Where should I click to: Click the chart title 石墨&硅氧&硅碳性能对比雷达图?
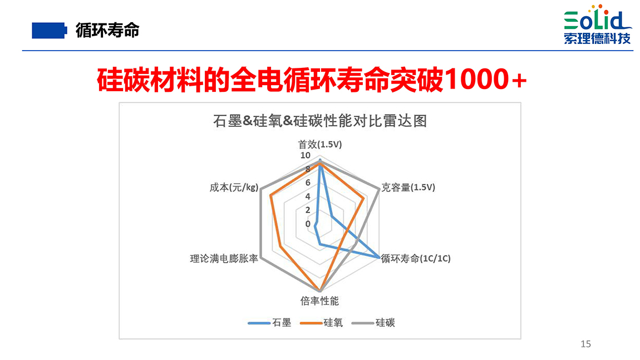(x=320, y=121)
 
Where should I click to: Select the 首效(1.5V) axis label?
(x=320, y=145)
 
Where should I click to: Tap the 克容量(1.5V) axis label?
(x=408, y=188)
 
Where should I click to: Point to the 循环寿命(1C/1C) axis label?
(x=416, y=258)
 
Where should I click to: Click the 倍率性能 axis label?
(x=319, y=301)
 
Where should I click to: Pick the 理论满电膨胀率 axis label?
(x=224, y=258)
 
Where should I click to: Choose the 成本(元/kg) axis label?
(x=234, y=188)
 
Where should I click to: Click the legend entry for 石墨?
(x=269, y=323)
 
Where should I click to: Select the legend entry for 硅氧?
(x=321, y=323)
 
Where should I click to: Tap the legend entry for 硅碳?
(x=373, y=323)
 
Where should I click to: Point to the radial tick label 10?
(x=306, y=155)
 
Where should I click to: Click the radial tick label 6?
(x=308, y=183)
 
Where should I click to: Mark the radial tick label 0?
(x=308, y=224)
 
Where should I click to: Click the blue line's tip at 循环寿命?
(x=379, y=257)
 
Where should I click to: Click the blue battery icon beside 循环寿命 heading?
(x=50, y=31)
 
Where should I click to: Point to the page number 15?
(x=585, y=344)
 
